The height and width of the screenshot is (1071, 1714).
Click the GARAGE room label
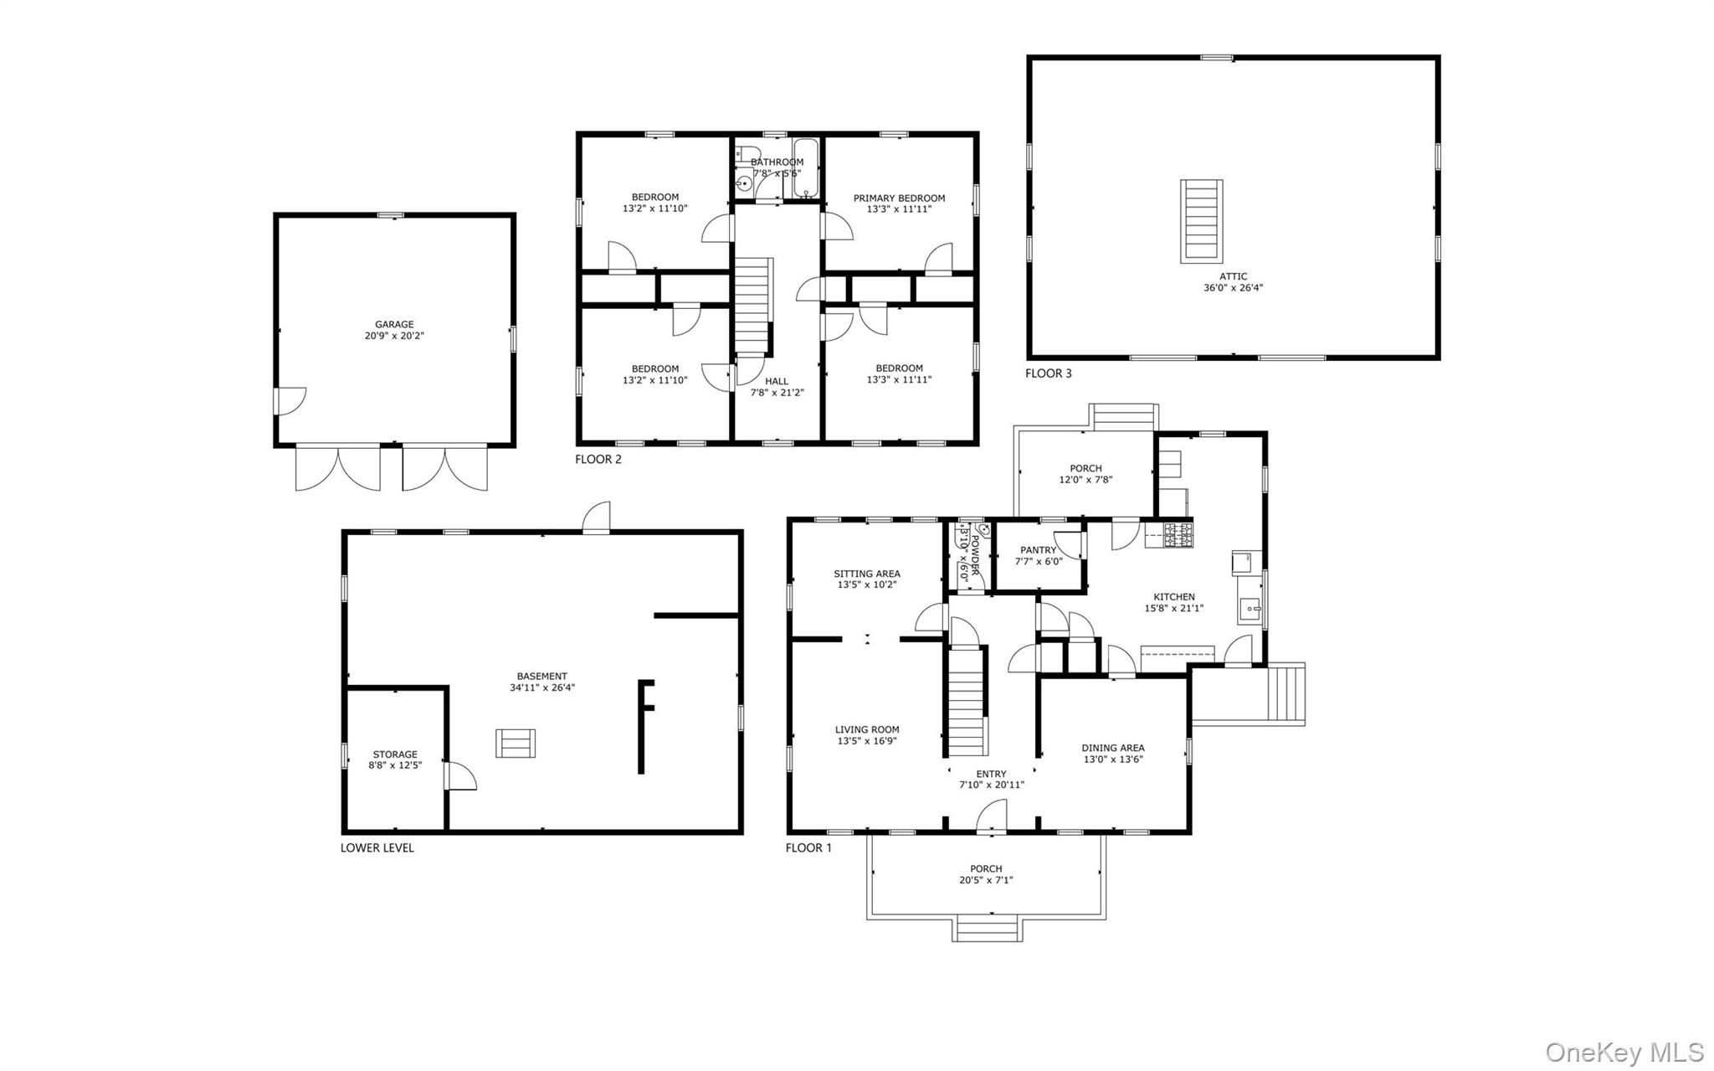[394, 325]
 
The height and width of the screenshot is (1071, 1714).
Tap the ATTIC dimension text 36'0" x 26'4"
[1233, 288]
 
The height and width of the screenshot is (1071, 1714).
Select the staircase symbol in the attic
[1201, 220]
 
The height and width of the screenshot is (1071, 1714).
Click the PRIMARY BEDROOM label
[899, 198]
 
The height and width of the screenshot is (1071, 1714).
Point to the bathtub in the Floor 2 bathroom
[805, 168]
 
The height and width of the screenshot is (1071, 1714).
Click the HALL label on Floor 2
[777, 381]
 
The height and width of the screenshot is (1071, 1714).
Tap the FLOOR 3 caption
[1048, 373]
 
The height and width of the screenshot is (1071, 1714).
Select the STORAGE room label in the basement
[394, 754]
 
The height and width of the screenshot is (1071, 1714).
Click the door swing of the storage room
[461, 776]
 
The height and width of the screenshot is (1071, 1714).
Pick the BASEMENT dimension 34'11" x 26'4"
[542, 688]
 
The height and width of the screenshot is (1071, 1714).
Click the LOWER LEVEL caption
[377, 847]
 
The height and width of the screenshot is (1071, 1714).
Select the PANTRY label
[1038, 550]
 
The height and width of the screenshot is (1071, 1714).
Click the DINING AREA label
[1112, 748]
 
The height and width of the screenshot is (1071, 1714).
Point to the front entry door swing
[993, 816]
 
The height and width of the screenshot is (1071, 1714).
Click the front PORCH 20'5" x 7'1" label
[986, 874]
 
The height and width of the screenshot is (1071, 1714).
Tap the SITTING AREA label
[866, 574]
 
